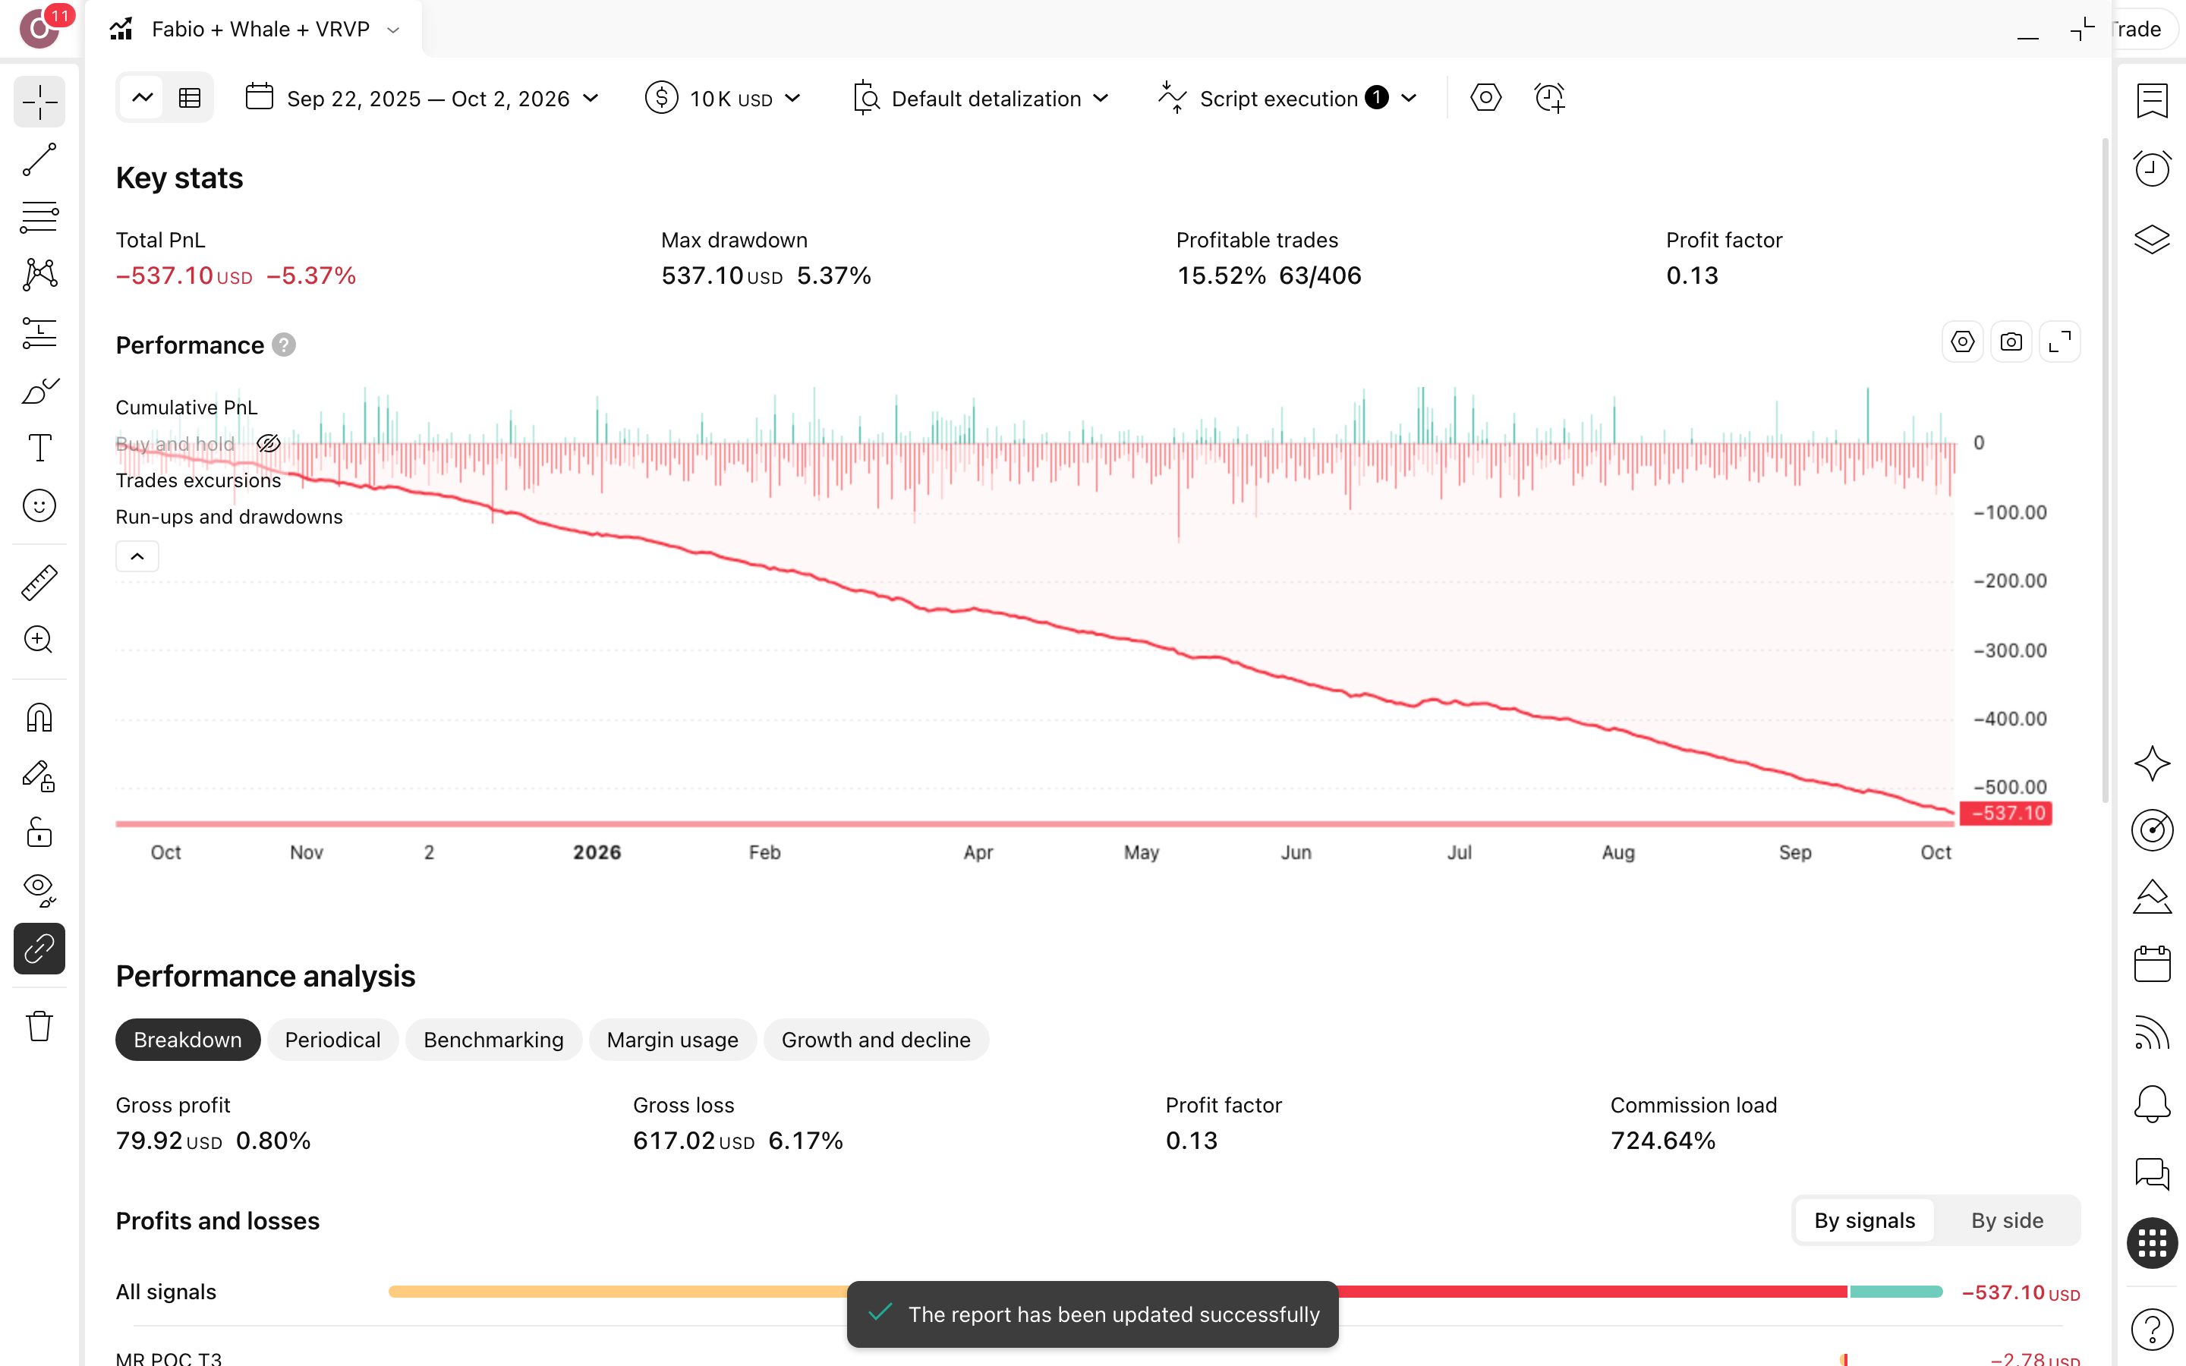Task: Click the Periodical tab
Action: point(332,1040)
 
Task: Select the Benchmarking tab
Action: point(493,1040)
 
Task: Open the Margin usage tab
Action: point(672,1040)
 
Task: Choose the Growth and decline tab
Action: point(875,1040)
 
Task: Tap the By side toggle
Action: point(2006,1220)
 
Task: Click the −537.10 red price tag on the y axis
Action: point(2005,813)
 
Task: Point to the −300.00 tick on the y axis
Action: point(2010,650)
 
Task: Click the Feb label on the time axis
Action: point(764,852)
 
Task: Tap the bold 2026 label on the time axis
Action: point(597,852)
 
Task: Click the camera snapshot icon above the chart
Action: point(2011,342)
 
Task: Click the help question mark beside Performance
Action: point(284,345)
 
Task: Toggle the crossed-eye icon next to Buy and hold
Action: point(268,444)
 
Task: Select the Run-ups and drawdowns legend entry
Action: point(229,517)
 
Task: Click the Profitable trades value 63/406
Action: point(1320,275)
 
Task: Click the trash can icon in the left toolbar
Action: point(39,1026)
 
